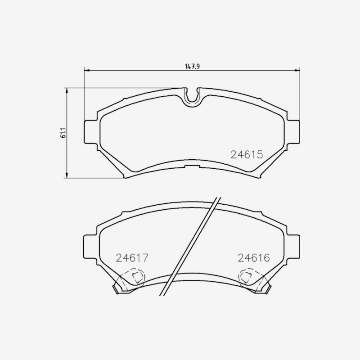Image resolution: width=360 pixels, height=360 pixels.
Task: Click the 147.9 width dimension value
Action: tap(193, 67)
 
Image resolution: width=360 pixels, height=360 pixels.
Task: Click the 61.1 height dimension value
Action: tap(63, 133)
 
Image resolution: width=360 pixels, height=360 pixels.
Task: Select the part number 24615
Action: tap(247, 154)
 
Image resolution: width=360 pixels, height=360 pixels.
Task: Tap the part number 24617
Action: tap(132, 258)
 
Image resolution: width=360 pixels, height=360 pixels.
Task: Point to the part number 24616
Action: tap(254, 258)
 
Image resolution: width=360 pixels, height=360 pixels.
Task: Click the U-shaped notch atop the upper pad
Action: tap(193, 98)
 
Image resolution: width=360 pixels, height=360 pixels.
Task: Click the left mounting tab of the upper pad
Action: tap(90, 132)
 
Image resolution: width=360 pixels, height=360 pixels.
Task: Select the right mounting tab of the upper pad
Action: tap(293, 132)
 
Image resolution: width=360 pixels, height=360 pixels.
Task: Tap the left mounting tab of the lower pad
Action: tap(90, 247)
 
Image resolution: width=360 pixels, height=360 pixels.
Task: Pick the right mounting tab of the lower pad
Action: tap(293, 247)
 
